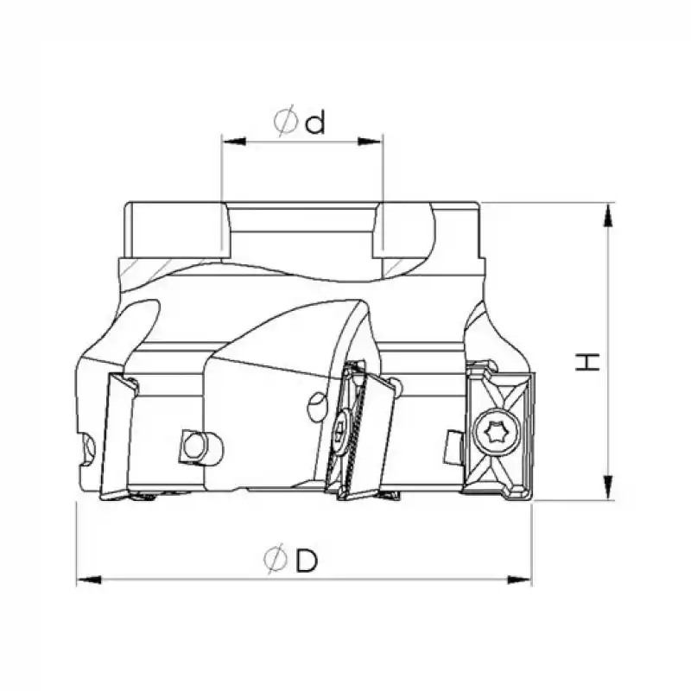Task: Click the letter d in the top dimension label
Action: click(315, 124)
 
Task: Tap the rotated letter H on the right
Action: click(588, 361)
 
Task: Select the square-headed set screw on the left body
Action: click(193, 446)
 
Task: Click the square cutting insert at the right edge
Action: click(499, 432)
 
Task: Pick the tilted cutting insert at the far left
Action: click(116, 437)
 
